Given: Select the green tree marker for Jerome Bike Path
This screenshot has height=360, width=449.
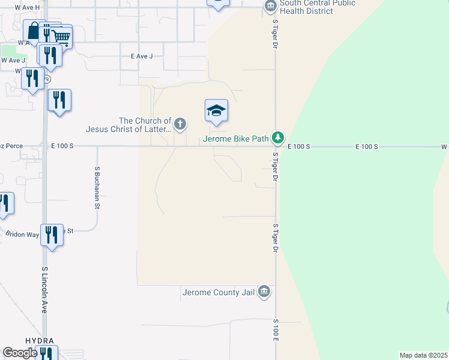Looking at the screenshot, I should [277, 139].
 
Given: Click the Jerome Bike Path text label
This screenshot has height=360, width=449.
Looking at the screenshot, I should [236, 139].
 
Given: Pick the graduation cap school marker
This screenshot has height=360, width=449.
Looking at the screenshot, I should [216, 111].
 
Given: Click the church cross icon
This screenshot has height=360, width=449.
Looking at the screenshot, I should [179, 125].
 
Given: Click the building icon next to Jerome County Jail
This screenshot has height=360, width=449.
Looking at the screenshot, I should [265, 293].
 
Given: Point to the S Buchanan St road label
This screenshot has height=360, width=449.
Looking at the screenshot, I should [97, 188].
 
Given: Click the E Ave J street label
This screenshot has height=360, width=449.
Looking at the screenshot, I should [142, 56].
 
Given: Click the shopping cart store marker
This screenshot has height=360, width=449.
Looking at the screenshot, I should [61, 37].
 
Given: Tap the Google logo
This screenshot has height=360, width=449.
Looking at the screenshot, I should [20, 353].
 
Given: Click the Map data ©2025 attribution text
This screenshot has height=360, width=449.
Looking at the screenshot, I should [423, 355].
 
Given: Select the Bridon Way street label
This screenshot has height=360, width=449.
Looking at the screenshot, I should [23, 234].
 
